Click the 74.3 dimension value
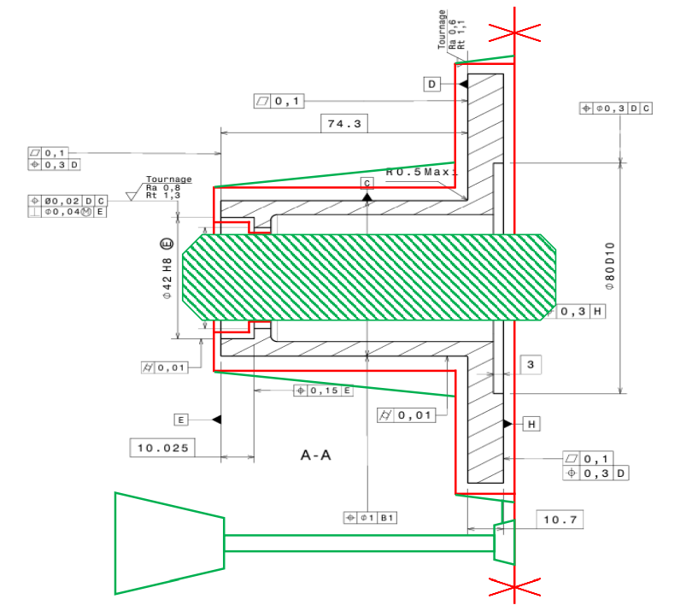tap(343, 124)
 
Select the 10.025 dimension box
tap(162, 447)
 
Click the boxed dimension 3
tap(531, 365)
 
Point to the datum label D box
tap(432, 84)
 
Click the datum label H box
tap(531, 424)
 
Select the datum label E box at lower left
tap(181, 420)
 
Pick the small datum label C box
tap(367, 183)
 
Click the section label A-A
tap(316, 455)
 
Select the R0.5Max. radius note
tap(422, 172)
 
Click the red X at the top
tap(513, 32)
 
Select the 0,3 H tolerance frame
tap(583, 312)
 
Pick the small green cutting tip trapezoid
tap(504, 542)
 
